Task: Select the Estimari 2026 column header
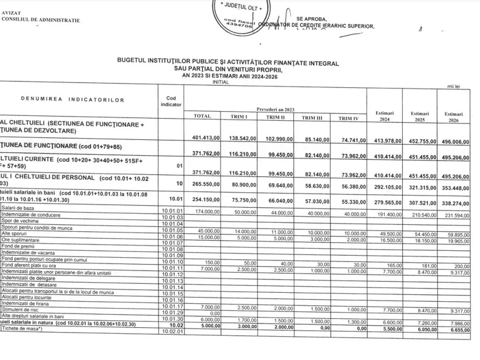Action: (x=453, y=117)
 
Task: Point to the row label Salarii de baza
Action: (x=18, y=208)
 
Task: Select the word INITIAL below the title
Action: (x=221, y=82)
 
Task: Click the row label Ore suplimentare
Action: (x=20, y=240)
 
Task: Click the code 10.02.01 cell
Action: (x=172, y=331)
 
